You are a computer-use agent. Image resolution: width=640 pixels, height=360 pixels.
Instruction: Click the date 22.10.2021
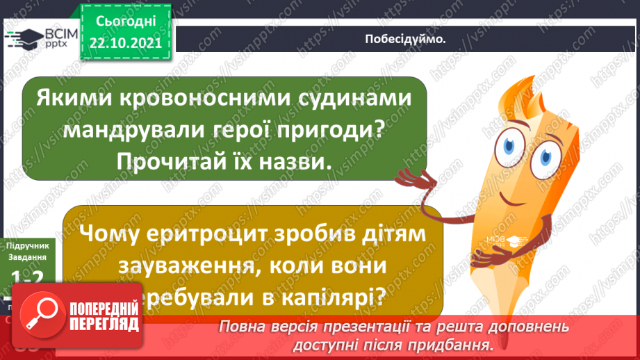click(x=125, y=42)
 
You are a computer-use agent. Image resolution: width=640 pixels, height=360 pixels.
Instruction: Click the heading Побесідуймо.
click(x=405, y=39)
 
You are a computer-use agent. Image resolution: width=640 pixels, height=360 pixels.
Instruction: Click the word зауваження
click(x=175, y=267)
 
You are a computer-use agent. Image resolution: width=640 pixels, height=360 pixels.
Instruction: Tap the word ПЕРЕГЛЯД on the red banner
click(x=104, y=325)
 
